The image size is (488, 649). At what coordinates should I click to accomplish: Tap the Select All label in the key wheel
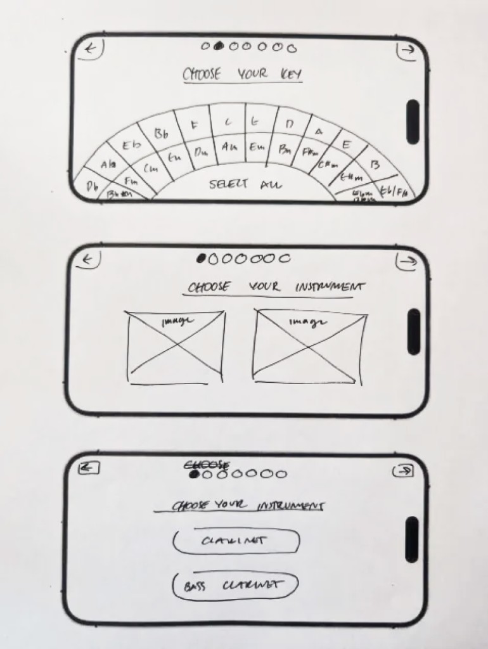coord(246,185)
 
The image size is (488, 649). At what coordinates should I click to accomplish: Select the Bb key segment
coord(161,133)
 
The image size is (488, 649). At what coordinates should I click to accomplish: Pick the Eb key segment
coord(132,146)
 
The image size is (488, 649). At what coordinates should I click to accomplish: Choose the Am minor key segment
coord(229,146)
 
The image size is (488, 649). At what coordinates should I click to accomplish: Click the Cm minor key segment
coord(151,169)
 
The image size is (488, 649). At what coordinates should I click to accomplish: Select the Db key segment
coord(92,187)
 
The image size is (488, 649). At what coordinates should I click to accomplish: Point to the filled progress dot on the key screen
coord(219,46)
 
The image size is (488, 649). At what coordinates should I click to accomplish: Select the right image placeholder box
coord(309,347)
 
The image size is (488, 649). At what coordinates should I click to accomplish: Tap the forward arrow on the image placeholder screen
coord(406,260)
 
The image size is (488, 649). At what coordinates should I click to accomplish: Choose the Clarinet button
coord(236,541)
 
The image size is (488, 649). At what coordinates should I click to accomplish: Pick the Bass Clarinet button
coord(235,586)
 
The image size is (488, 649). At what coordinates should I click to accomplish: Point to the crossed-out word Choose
coord(207,465)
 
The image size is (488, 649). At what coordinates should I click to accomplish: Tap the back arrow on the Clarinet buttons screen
coord(89,468)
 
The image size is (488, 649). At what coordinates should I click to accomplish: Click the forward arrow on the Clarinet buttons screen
coord(403,470)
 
